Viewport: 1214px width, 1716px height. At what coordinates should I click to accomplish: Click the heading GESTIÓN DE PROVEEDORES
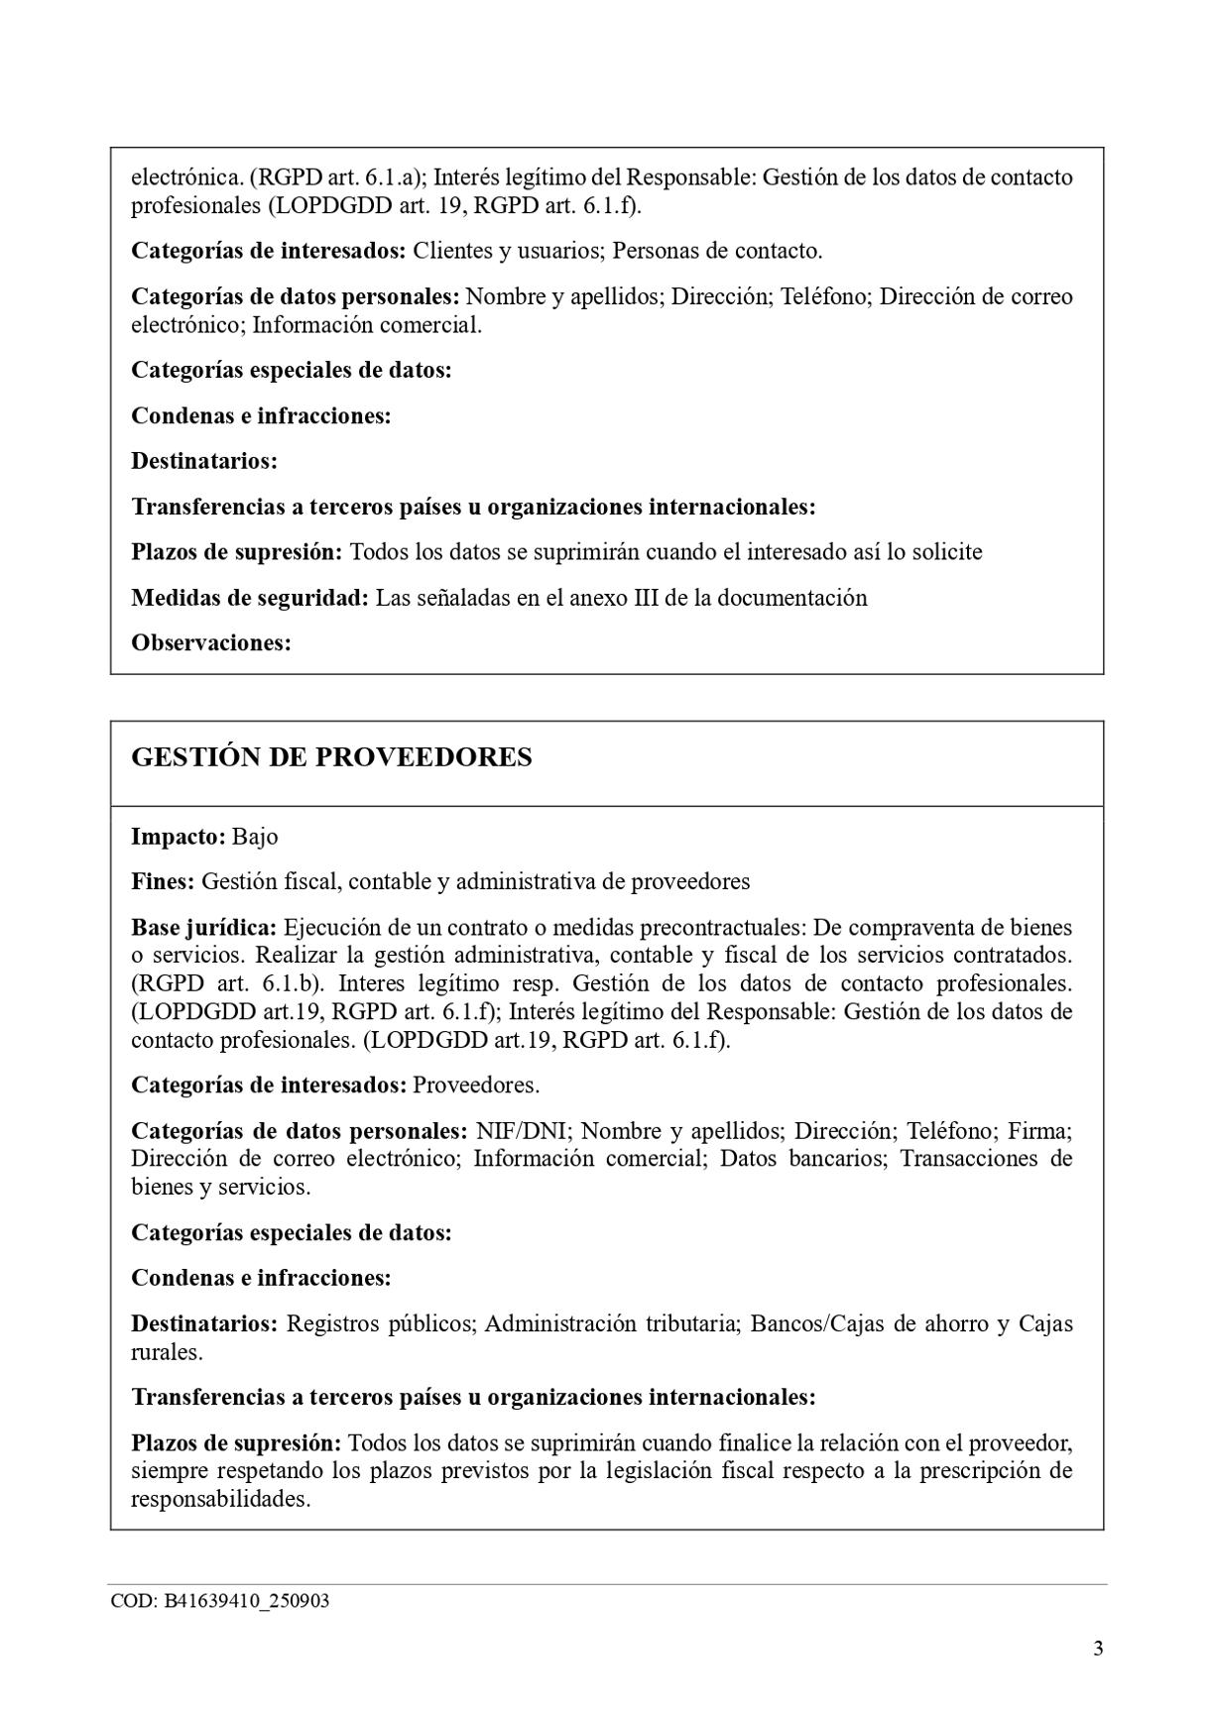(x=331, y=757)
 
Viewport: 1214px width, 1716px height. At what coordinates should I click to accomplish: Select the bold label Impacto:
(x=179, y=837)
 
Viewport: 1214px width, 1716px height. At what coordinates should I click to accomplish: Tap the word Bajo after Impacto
(x=255, y=837)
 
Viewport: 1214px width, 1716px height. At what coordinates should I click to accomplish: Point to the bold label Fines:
(x=163, y=881)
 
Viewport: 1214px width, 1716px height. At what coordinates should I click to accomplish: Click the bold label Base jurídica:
(x=203, y=928)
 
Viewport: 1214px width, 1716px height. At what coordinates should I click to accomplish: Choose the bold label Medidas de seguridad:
(x=250, y=598)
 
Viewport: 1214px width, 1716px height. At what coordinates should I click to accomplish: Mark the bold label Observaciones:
(x=211, y=643)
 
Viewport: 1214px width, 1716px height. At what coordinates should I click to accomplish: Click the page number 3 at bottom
(x=1097, y=1649)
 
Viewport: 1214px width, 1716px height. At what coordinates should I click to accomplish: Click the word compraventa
(x=887, y=928)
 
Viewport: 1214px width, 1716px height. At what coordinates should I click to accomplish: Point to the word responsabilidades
(x=220, y=1499)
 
